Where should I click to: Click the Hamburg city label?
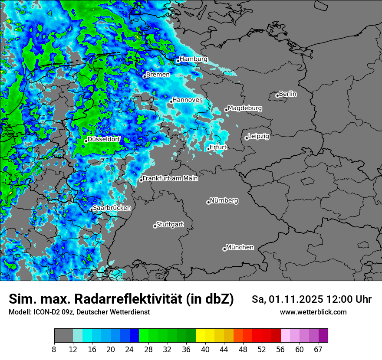click(193, 59)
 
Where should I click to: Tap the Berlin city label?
click(288, 94)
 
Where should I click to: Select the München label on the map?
click(240, 247)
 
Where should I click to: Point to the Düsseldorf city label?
click(104, 139)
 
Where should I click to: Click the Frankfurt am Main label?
click(170, 178)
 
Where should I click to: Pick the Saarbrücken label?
click(112, 208)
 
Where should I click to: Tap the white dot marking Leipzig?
click(247, 138)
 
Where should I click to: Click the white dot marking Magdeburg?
click(226, 110)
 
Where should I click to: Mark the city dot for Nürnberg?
click(208, 202)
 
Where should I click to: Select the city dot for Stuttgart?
click(155, 226)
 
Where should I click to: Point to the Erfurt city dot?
click(208, 149)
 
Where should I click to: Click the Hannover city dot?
click(171, 101)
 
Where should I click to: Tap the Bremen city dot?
click(145, 76)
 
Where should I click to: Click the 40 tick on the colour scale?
click(205, 349)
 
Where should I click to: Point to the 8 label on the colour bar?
click(54, 349)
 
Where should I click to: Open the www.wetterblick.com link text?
click(313, 312)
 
